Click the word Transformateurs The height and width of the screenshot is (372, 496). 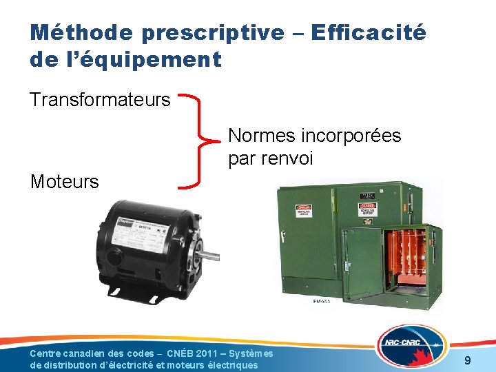100,100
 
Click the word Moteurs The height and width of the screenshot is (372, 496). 65,182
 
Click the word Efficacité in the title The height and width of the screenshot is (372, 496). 369,32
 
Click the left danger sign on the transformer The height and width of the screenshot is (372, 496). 304,209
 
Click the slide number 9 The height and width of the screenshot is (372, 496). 468,360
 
